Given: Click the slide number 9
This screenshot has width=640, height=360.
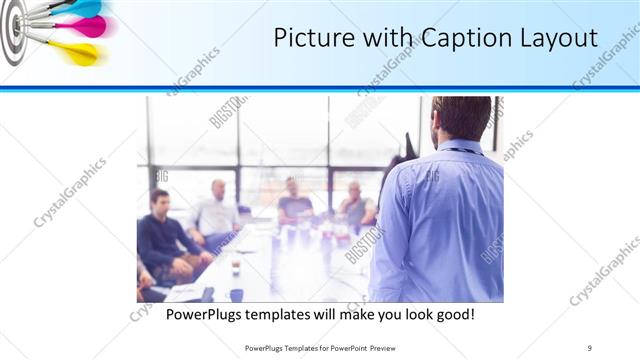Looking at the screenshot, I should pyautogui.click(x=590, y=347).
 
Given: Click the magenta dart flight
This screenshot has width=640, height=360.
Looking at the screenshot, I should pyautogui.click(x=88, y=27).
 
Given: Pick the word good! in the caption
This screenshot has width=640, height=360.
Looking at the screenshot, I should pyautogui.click(x=452, y=315).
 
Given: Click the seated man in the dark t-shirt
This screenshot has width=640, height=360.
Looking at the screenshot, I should pyautogui.click(x=294, y=201).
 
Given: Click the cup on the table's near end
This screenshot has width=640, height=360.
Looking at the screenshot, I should pyautogui.click(x=236, y=267).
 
